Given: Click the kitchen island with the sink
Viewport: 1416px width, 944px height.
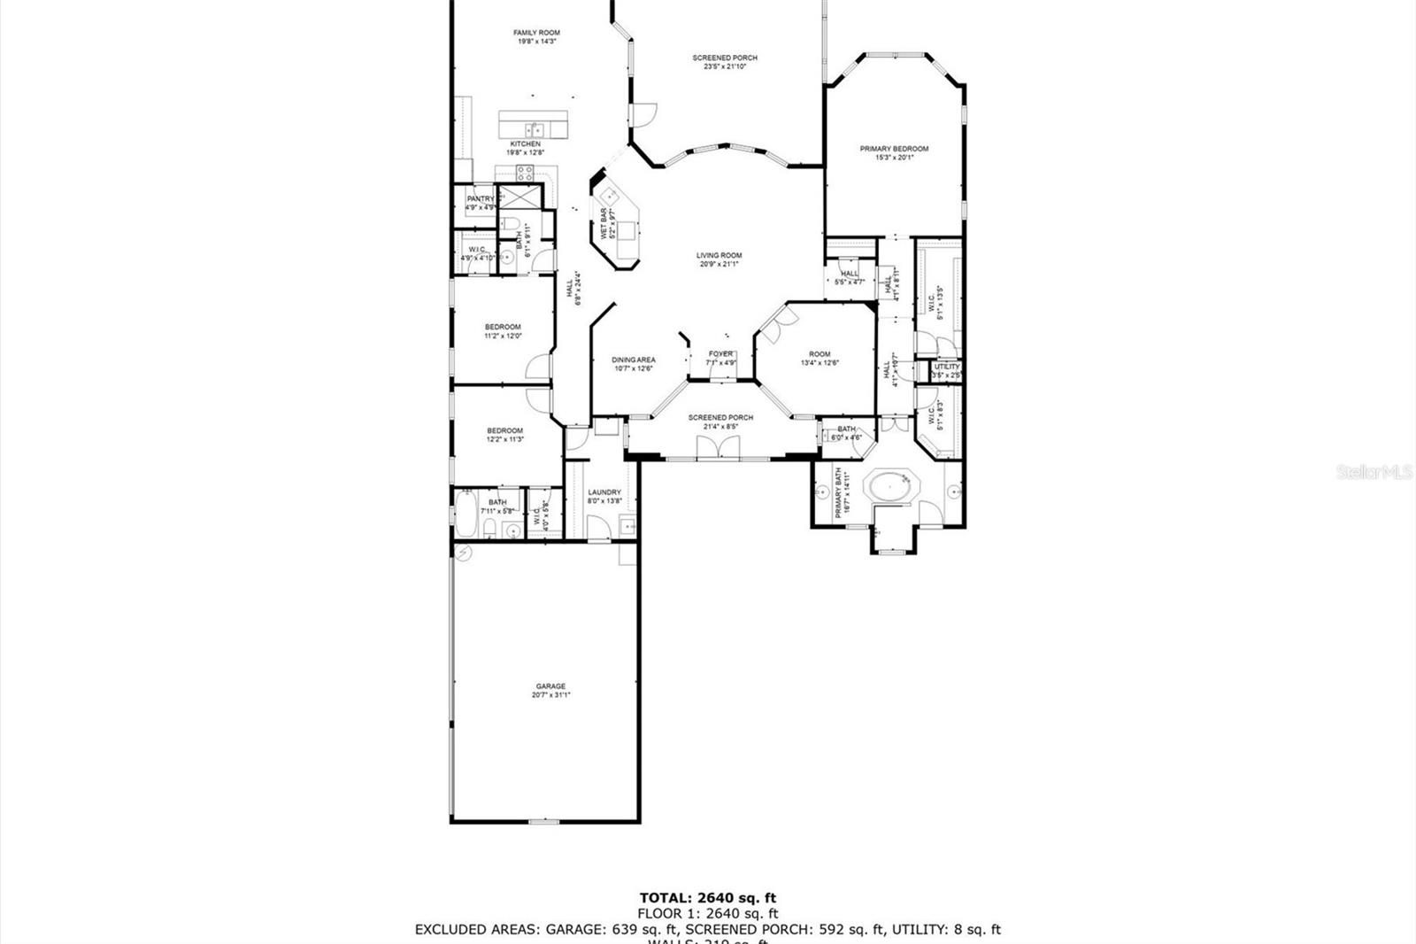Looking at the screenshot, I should coord(534,125).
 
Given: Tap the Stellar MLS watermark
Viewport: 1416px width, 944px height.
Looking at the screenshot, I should coord(1374,474).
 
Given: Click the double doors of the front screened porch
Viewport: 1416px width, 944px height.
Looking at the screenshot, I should coord(719,448).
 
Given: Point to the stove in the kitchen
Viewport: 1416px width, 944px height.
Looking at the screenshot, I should coord(524,174).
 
